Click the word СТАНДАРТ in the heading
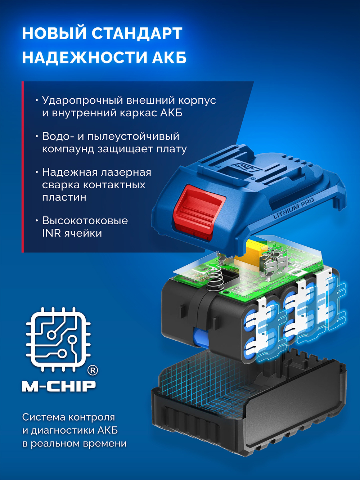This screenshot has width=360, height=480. (x=136, y=33)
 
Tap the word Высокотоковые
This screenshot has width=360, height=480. (x=85, y=220)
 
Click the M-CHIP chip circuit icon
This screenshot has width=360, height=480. (x=58, y=338)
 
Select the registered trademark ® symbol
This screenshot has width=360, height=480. (x=93, y=370)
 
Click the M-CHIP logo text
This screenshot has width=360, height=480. (x=59, y=386)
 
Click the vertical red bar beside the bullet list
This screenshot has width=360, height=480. (x=22, y=167)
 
